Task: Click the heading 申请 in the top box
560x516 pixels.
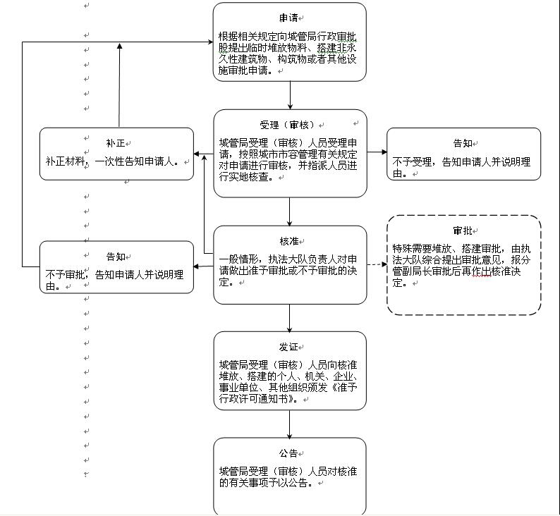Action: pyautogui.click(x=288, y=18)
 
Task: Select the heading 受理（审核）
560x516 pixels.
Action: pyautogui.click(x=288, y=125)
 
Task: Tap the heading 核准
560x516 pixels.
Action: pyautogui.click(x=288, y=241)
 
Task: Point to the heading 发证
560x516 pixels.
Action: pyautogui.click(x=288, y=347)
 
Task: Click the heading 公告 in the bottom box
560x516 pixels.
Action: pyautogui.click(x=288, y=453)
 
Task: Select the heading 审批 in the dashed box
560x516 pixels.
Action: pyautogui.click(x=463, y=231)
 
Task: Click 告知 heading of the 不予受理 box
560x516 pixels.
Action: pyautogui.click(x=463, y=143)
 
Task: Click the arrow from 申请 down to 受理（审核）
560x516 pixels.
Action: pyautogui.click(x=290, y=95)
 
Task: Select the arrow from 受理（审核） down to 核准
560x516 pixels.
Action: pyautogui.click(x=290, y=211)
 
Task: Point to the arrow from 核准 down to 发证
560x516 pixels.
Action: pyautogui.click(x=290, y=319)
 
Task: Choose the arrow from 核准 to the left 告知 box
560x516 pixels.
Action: pyautogui.click(x=203, y=266)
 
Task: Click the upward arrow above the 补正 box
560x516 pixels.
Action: pyautogui.click(x=119, y=85)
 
